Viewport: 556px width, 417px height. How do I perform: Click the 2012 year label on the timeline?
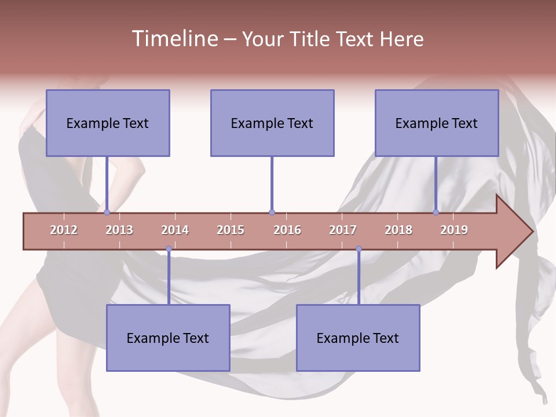(x=64, y=230)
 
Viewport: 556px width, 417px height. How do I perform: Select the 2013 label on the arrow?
(x=119, y=230)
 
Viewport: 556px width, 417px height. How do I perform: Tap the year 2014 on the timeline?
(x=175, y=230)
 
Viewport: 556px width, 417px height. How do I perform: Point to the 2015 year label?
(x=231, y=230)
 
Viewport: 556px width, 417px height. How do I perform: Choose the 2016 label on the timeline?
(x=287, y=230)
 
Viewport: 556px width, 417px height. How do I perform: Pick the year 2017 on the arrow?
(x=343, y=230)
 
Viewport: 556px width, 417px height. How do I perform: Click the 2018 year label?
(x=398, y=230)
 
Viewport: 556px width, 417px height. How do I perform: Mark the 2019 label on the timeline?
(x=454, y=230)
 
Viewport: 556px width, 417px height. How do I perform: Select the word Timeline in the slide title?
(x=174, y=39)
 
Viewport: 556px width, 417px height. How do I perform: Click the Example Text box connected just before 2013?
(x=108, y=123)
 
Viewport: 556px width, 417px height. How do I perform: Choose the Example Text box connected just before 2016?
(x=272, y=123)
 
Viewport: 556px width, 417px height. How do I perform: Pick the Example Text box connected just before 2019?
(x=437, y=123)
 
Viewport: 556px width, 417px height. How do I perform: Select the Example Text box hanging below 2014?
(x=168, y=338)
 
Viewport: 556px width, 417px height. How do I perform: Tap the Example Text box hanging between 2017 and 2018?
(x=358, y=338)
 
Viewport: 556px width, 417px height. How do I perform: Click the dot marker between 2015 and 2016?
(x=272, y=213)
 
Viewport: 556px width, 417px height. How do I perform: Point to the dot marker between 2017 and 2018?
(x=359, y=249)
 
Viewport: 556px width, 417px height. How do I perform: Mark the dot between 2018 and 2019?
(x=436, y=213)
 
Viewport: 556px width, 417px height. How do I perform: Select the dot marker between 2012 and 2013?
(x=107, y=213)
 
